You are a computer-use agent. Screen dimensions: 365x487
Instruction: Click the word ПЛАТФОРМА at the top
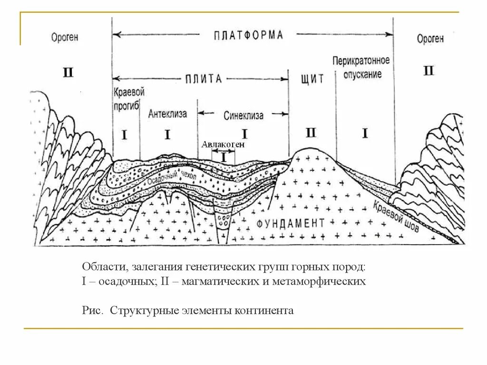pyautogui.click(x=248, y=35)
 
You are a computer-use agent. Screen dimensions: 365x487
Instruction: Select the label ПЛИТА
pyautogui.click(x=204, y=78)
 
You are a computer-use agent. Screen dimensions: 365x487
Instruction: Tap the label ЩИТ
pyautogui.click(x=312, y=79)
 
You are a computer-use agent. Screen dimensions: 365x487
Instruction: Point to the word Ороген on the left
pyautogui.click(x=65, y=38)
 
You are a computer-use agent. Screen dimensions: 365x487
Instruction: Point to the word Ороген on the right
pyautogui.click(x=430, y=38)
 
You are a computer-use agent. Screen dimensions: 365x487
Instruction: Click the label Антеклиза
pyautogui.click(x=167, y=114)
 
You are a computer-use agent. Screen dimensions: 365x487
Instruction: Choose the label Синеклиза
pyautogui.click(x=243, y=115)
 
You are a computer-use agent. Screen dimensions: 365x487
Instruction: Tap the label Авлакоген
pyautogui.click(x=223, y=144)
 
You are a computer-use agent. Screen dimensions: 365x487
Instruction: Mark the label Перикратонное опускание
pyautogui.click(x=361, y=67)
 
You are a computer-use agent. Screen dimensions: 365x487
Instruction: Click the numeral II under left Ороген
pyautogui.click(x=68, y=73)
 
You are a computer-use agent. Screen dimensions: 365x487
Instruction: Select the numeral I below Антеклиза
pyautogui.click(x=167, y=135)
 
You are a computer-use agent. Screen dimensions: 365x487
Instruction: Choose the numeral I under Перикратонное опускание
pyautogui.click(x=365, y=134)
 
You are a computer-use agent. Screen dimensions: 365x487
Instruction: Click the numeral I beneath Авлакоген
pyautogui.click(x=225, y=155)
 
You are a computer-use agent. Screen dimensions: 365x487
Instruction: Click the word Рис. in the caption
pyautogui.click(x=92, y=311)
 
